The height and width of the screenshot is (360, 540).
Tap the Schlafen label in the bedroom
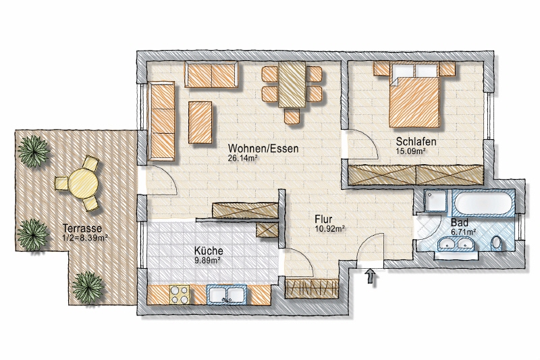click(415, 142)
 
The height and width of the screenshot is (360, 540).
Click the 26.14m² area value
click(244, 159)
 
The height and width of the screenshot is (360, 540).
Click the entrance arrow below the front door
click(370, 276)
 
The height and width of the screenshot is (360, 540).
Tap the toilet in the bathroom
click(497, 242)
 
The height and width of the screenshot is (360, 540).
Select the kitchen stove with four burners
click(179, 294)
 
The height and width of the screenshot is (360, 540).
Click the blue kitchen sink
click(227, 294)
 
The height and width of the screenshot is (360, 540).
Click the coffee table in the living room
click(202, 122)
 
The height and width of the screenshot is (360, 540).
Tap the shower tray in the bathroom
click(434, 201)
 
